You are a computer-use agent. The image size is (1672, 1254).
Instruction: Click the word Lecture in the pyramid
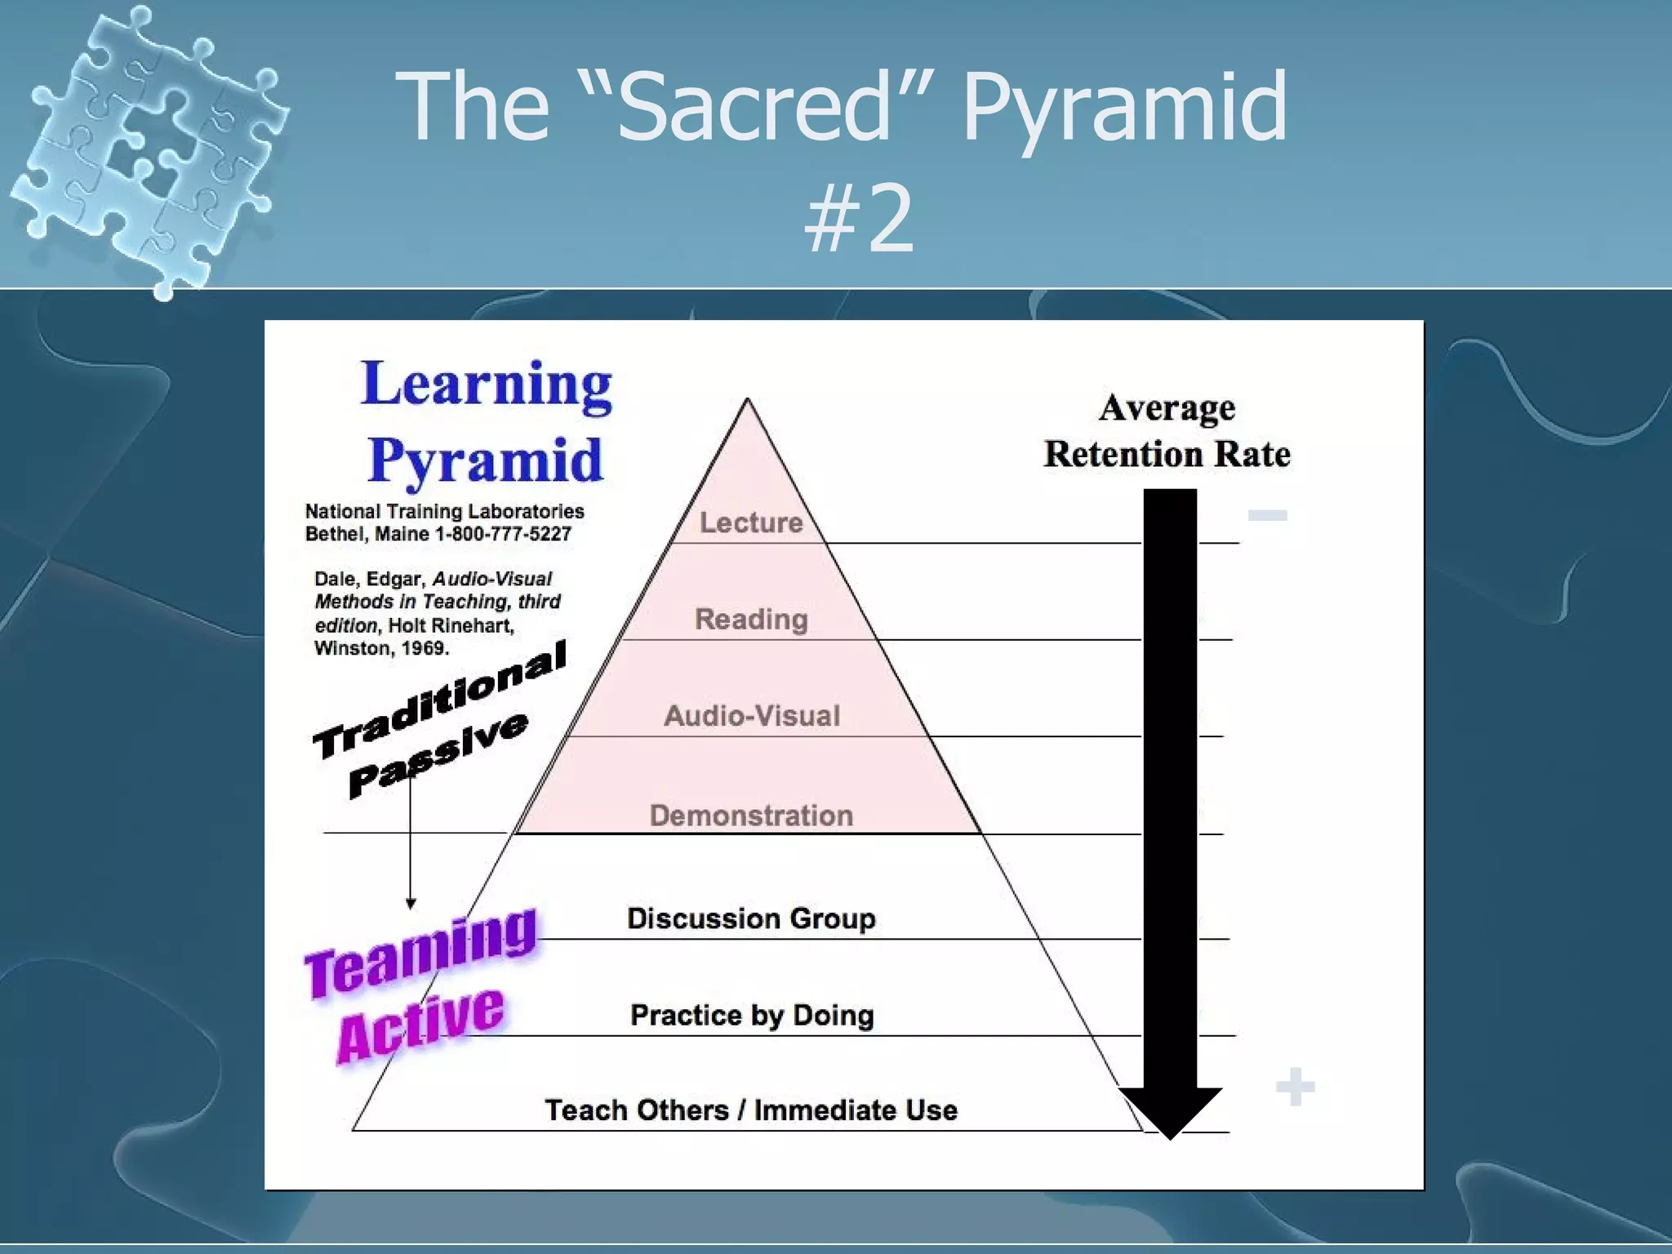pos(751,522)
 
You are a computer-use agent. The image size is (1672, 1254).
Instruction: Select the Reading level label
pos(751,619)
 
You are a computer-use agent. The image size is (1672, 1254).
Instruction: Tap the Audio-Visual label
pos(752,716)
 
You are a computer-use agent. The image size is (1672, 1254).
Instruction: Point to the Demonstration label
pos(751,815)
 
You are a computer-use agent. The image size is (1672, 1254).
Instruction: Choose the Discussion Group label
pos(751,918)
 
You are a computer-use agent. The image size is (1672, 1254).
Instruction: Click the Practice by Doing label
pos(752,1015)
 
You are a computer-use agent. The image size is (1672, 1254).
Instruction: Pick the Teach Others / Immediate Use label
pos(751,1110)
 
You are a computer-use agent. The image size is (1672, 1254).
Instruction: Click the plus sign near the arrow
pos(1295,1087)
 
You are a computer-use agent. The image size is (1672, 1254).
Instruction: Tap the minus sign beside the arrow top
pos(1267,515)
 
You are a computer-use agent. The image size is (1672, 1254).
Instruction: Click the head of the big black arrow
pos(1170,1110)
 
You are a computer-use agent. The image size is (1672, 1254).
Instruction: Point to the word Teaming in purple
pos(421,953)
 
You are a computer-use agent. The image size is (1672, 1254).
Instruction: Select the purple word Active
pos(421,1025)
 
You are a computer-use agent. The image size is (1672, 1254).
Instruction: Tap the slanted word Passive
pos(439,755)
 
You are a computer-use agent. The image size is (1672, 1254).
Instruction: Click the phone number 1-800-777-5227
pos(503,534)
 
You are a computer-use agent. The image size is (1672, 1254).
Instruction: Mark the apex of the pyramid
pos(748,400)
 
